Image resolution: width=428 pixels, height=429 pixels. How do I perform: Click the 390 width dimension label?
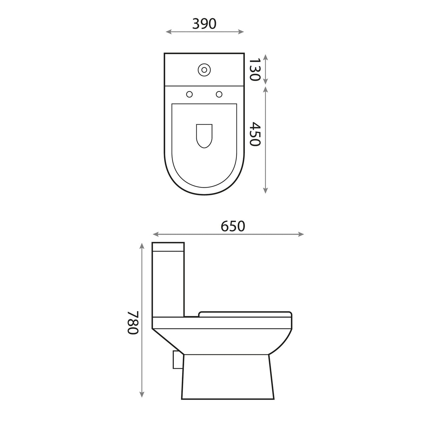click(204, 24)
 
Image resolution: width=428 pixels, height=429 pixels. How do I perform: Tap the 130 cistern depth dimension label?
click(254, 69)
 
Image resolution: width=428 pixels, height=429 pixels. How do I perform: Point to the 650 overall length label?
click(233, 226)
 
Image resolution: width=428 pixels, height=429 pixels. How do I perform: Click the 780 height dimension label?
click(133, 322)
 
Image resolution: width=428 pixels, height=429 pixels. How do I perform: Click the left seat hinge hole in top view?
click(189, 94)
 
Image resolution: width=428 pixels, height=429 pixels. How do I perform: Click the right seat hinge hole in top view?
click(219, 94)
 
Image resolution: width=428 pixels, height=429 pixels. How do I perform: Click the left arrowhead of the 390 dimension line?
click(168, 32)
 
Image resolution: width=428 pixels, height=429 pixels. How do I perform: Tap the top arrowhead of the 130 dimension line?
click(266, 56)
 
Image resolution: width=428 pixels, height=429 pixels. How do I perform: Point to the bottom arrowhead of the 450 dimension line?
click(266, 191)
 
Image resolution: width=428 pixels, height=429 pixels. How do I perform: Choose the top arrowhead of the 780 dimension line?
click(142, 245)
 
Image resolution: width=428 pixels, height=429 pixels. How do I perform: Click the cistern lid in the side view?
click(168, 247)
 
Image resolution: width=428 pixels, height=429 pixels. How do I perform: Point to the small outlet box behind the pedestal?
click(177, 360)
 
